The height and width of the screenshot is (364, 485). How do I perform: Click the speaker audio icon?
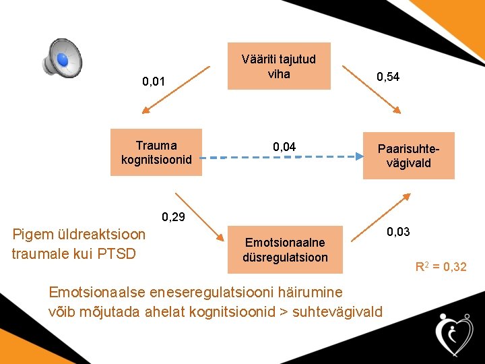tap(62, 58)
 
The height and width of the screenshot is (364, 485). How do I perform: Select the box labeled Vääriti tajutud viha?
tap(279, 66)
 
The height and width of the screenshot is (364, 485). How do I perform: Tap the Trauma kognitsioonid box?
tap(156, 152)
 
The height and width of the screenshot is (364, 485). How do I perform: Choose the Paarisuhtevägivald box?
tap(408, 155)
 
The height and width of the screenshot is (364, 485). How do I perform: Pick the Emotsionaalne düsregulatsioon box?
tap(286, 250)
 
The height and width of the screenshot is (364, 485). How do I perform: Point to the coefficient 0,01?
tap(154, 82)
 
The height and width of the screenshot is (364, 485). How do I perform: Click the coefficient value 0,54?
tap(388, 77)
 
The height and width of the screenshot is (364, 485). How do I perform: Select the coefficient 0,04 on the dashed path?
tap(284, 146)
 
